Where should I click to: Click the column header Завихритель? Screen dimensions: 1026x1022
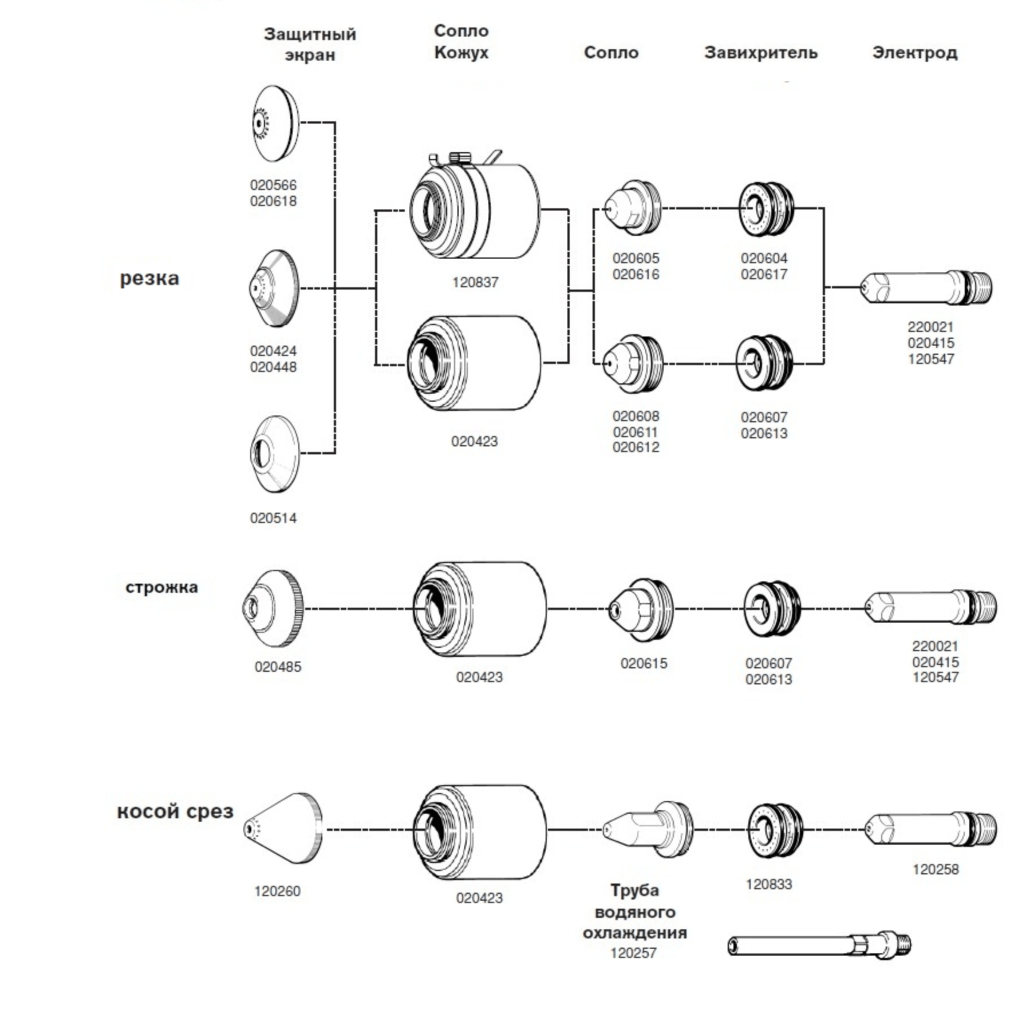[760, 53]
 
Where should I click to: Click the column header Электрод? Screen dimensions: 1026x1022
[914, 53]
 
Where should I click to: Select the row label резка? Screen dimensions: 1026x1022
[149, 279]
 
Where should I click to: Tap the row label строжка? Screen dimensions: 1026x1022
[161, 588]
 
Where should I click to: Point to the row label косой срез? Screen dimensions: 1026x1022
[175, 811]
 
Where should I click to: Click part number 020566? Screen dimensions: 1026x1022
[273, 185]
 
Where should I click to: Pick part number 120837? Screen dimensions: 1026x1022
[475, 283]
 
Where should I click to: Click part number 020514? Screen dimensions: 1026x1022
[273, 518]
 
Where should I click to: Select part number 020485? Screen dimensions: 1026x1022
[278, 667]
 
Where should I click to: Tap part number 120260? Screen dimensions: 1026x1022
[277, 892]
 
